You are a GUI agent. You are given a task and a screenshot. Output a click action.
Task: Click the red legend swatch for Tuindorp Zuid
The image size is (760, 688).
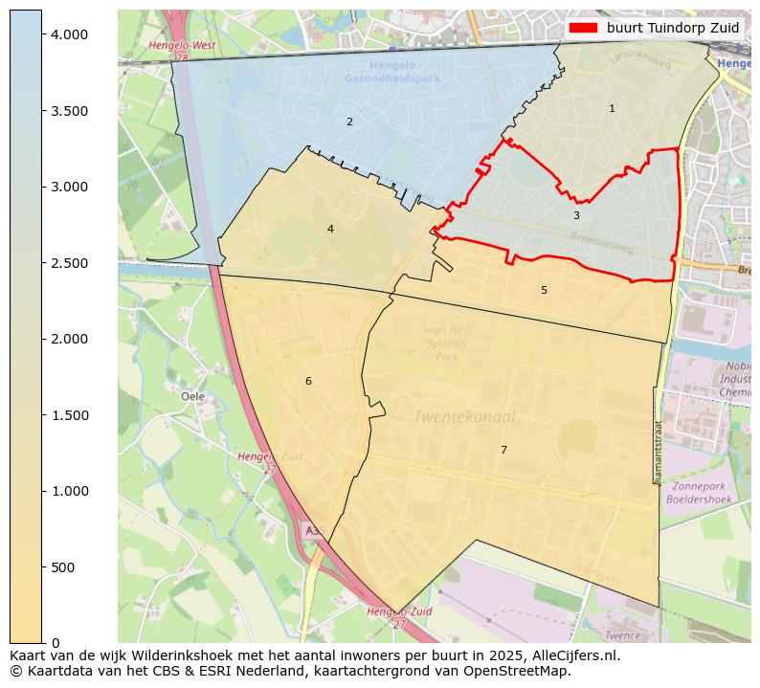point(583,28)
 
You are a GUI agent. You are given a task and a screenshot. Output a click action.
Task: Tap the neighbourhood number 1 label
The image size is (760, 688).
point(612,109)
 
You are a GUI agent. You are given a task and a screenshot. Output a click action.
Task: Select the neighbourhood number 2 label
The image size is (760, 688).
point(349,122)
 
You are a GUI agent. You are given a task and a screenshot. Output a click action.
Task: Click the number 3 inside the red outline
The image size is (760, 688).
point(576,216)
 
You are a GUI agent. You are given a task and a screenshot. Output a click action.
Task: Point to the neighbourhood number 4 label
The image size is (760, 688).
point(330,229)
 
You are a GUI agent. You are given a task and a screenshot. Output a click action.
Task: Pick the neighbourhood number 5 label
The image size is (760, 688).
point(544,290)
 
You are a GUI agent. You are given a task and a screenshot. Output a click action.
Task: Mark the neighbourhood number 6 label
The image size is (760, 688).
point(308,381)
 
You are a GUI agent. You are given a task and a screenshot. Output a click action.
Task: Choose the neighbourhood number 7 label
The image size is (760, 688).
point(503,450)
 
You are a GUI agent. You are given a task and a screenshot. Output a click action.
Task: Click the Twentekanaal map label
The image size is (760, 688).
point(464,417)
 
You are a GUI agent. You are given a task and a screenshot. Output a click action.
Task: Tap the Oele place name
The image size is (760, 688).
point(192,396)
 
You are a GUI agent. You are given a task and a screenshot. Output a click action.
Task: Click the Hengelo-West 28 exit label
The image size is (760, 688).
point(182,51)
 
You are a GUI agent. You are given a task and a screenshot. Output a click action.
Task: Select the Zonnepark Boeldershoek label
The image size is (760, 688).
point(699,492)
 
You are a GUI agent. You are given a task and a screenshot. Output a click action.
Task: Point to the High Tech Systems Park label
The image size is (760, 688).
point(446,344)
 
